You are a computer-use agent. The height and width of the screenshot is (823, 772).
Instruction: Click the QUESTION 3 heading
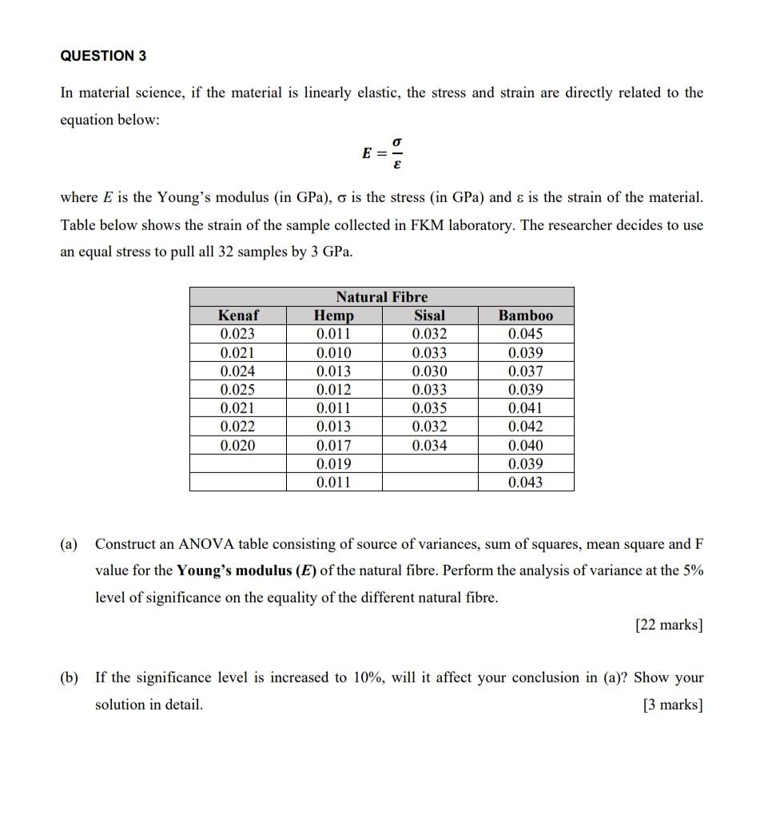pyautogui.click(x=104, y=56)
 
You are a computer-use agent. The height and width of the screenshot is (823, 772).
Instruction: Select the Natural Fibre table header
pyautogui.click(x=381, y=296)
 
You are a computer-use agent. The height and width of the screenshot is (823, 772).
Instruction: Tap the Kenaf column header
pyautogui.click(x=238, y=316)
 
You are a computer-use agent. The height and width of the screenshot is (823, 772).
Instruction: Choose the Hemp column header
pyautogui.click(x=333, y=316)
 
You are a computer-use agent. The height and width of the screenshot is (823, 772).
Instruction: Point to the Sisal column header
pyautogui.click(x=429, y=316)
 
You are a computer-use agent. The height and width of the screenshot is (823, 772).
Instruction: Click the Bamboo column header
pyautogui.click(x=525, y=316)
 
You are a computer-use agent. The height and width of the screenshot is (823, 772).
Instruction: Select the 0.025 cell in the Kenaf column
pyautogui.click(x=238, y=390)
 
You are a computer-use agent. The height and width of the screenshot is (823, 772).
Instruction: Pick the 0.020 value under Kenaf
pyautogui.click(x=238, y=445)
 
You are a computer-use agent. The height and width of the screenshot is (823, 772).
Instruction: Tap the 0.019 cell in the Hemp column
pyautogui.click(x=333, y=463)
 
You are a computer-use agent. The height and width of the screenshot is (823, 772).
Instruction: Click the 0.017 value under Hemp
pyautogui.click(x=333, y=445)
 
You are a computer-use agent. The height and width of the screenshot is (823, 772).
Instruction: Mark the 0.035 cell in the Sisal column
pyautogui.click(x=429, y=408)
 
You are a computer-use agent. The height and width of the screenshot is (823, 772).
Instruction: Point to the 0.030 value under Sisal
pyautogui.click(x=429, y=372)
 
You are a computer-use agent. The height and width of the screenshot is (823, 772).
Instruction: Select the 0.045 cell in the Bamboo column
pyautogui.click(x=525, y=334)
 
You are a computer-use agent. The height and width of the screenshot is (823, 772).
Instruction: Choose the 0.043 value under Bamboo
pyautogui.click(x=525, y=483)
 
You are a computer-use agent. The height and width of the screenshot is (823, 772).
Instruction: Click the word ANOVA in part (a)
pyautogui.click(x=204, y=544)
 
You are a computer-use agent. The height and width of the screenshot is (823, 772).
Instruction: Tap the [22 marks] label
pyautogui.click(x=669, y=625)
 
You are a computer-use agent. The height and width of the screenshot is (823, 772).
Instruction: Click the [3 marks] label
pyautogui.click(x=673, y=705)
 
